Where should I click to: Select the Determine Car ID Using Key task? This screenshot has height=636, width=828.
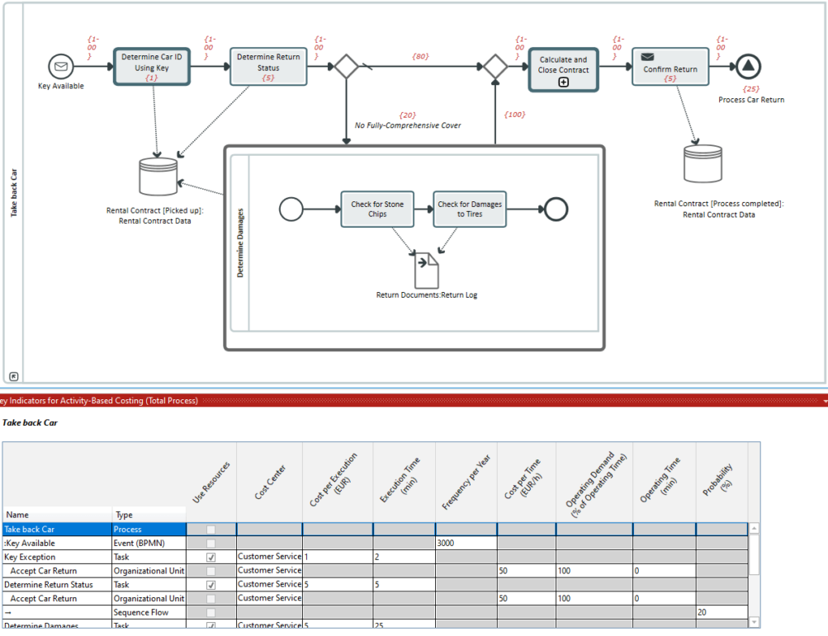tap(151, 65)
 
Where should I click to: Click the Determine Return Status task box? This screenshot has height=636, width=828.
tap(268, 65)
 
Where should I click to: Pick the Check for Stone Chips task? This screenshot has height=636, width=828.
tap(376, 209)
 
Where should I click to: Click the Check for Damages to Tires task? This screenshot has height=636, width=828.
tap(469, 209)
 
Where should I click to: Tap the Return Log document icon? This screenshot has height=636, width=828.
tap(428, 270)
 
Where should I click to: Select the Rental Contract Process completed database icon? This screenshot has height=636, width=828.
tap(703, 164)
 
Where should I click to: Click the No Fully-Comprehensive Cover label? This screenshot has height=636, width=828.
tap(408, 125)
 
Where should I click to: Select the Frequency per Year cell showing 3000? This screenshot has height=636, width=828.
tap(466, 544)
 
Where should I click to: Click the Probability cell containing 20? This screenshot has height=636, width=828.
tap(721, 613)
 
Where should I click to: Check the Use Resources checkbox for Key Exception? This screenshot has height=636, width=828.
tap(211, 558)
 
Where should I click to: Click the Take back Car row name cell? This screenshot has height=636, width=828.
tap(56, 530)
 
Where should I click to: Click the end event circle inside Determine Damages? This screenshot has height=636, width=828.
tap(556, 210)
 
